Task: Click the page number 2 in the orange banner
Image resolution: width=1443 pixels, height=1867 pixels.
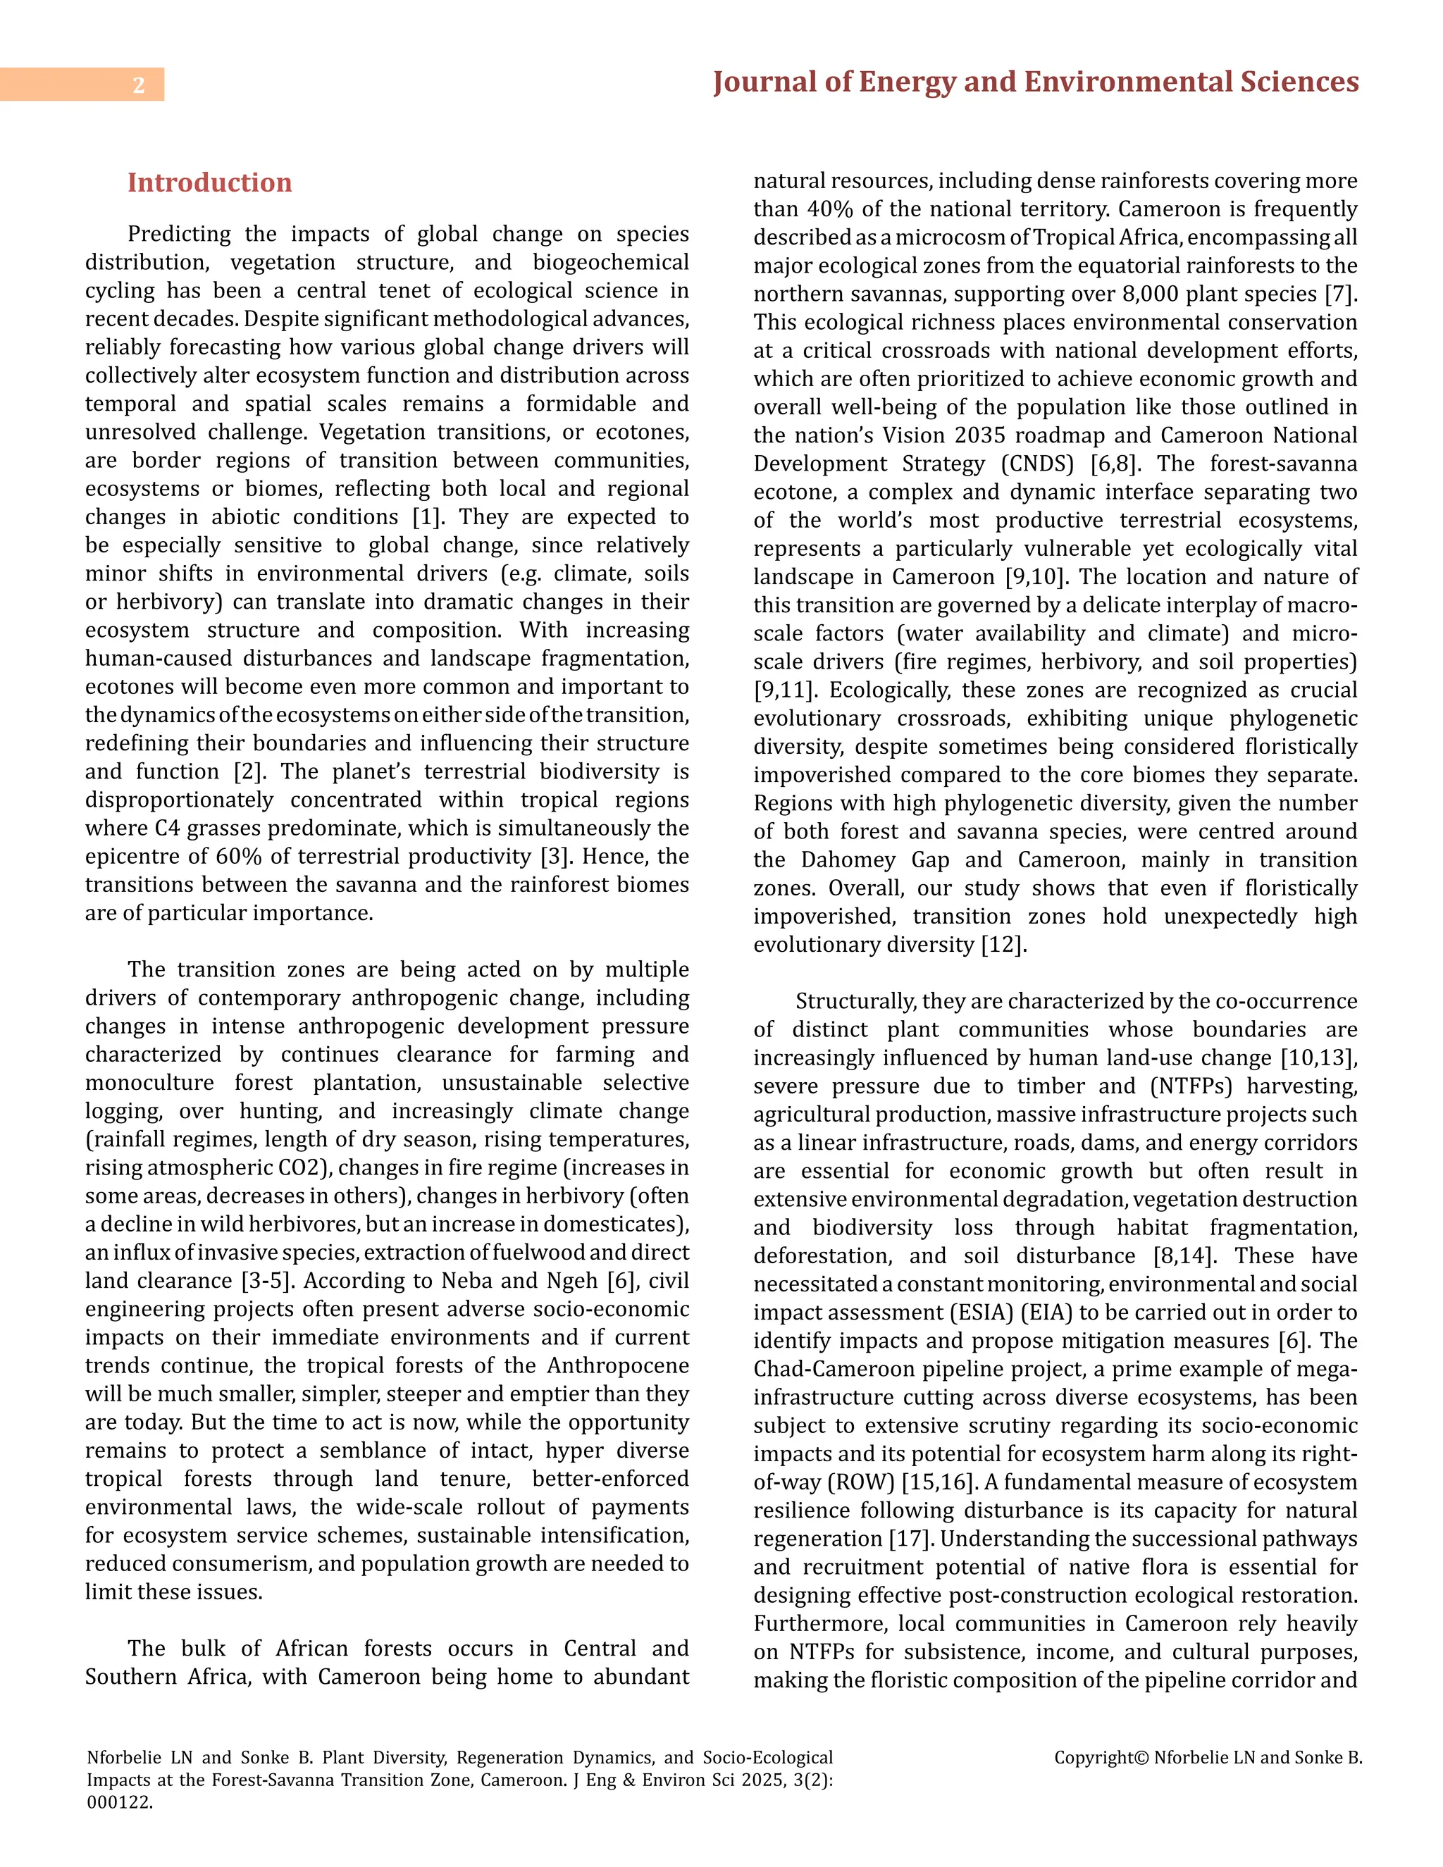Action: [x=139, y=85]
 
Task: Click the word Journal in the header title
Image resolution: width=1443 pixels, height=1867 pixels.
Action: [x=763, y=82]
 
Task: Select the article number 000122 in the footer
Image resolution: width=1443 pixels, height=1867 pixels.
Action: [x=119, y=1803]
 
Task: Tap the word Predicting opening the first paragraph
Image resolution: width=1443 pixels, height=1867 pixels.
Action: [x=180, y=234]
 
